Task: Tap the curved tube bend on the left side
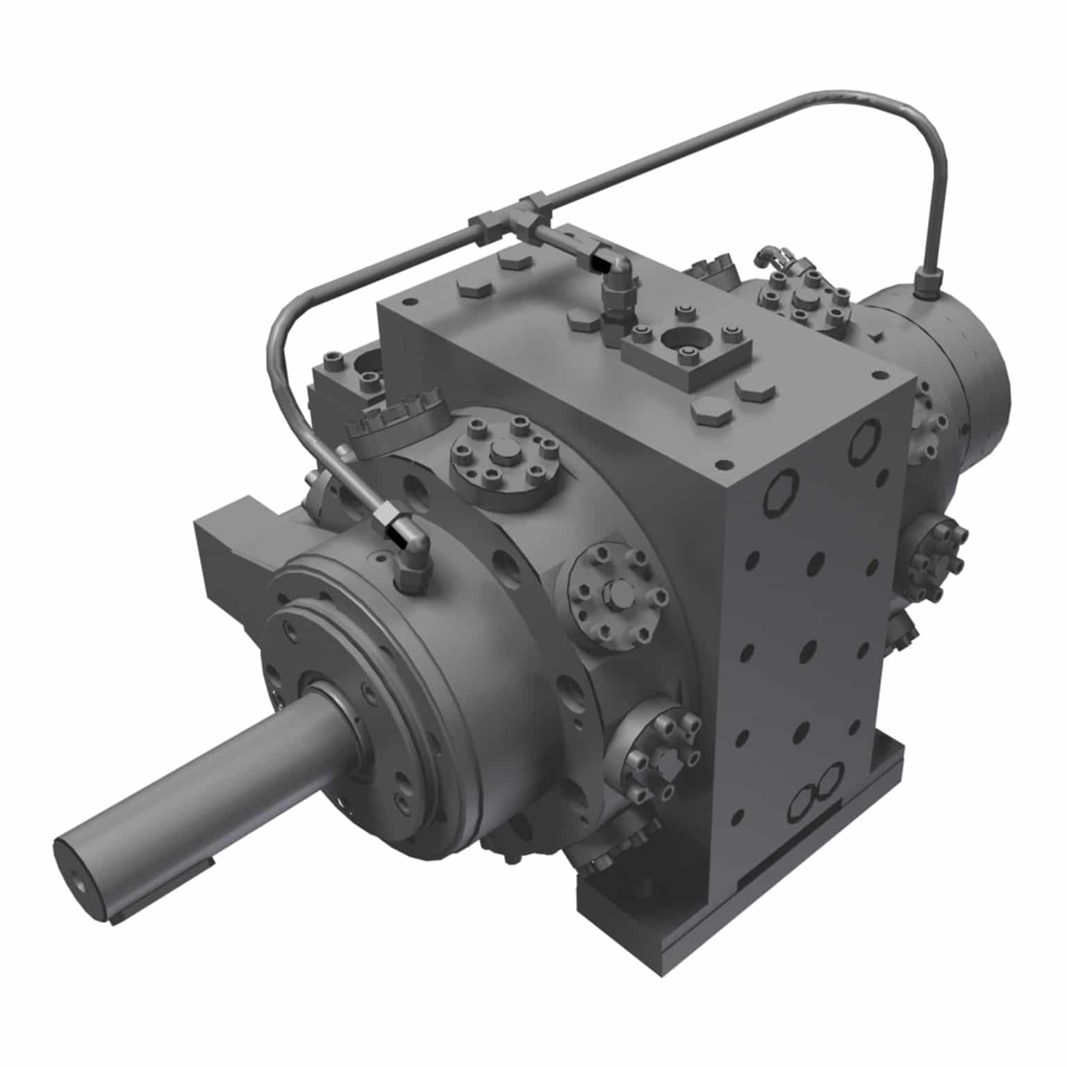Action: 278,333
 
